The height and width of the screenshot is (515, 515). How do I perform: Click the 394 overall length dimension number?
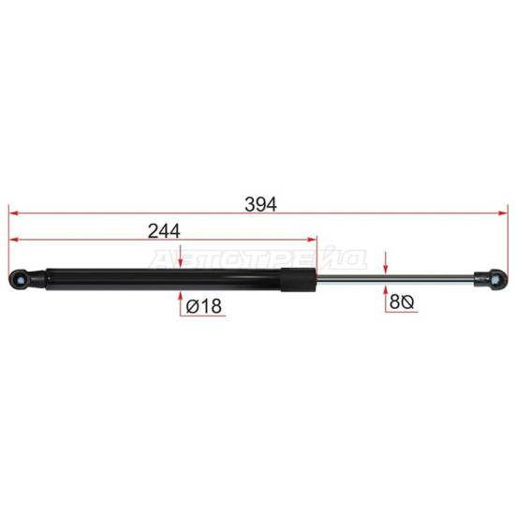(261, 204)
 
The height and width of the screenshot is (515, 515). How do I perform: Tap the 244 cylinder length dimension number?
(164, 231)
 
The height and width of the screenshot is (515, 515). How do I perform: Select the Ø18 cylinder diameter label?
(204, 306)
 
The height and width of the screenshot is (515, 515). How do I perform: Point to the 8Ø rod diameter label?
(402, 302)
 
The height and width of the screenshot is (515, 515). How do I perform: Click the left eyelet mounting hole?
(21, 280)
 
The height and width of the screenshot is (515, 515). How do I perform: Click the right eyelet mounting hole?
(496, 279)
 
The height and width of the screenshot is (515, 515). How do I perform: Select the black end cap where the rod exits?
(298, 280)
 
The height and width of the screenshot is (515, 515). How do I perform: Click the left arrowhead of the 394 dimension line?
(13, 213)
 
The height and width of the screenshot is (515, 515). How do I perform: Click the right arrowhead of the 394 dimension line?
(503, 213)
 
